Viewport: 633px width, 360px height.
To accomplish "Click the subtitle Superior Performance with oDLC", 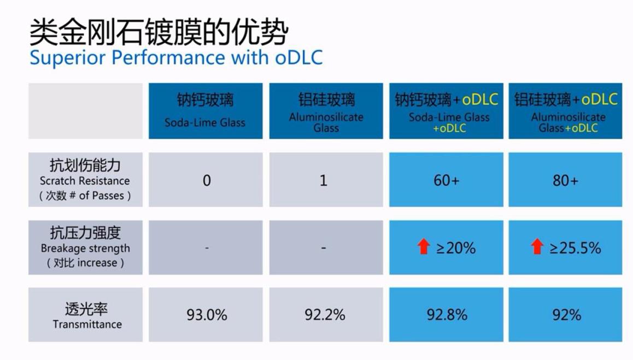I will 175,58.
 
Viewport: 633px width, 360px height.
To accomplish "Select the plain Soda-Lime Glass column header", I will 205,111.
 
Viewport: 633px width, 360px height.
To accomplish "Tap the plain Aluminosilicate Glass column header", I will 326,111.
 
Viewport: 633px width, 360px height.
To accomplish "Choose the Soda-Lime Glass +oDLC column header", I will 446,111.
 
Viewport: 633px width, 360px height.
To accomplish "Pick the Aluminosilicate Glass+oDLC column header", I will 565,111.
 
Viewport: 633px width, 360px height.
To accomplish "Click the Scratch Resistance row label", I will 85,180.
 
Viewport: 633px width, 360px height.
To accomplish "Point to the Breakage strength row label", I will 85,247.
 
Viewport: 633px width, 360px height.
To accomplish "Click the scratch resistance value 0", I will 207,180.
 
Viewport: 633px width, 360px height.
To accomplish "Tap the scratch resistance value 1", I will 324,180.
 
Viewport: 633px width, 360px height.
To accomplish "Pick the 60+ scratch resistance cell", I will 446,180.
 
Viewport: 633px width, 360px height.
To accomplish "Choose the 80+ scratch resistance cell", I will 565,180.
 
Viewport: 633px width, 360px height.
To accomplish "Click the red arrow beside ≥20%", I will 423,247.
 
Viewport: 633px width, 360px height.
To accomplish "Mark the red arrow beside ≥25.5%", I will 537,247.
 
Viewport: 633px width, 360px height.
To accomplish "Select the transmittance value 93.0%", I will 207,315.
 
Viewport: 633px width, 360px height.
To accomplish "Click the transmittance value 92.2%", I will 325,315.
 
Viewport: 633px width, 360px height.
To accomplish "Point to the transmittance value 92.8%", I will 447,315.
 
